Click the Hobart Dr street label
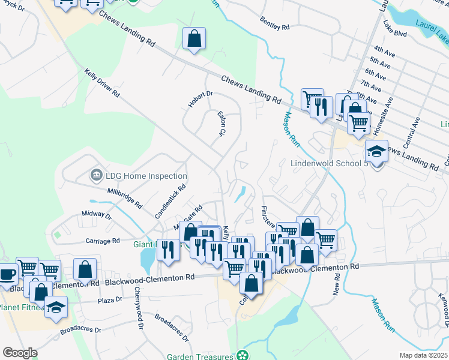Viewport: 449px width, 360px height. point(200,98)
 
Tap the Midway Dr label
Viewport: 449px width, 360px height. point(96,214)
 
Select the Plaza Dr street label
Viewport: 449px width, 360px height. point(110,299)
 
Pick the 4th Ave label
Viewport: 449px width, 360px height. point(382,49)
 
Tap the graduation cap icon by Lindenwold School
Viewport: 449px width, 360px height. point(376,151)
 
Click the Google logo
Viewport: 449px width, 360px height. point(20,352)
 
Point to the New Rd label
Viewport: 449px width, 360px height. point(337,284)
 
